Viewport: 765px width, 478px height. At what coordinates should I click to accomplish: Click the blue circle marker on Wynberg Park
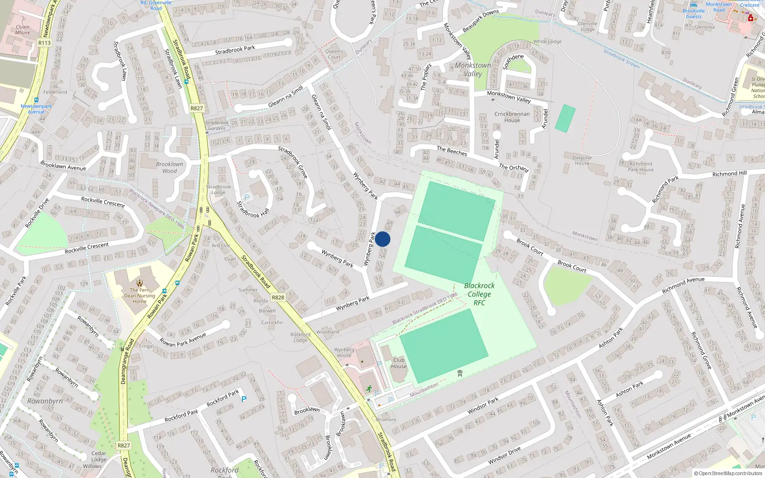tap(382, 239)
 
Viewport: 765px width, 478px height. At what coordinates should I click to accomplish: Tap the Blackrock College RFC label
tap(479, 294)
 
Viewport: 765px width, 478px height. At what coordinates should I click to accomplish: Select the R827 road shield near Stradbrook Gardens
tap(197, 108)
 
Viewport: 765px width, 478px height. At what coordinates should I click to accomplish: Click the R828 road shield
tap(278, 297)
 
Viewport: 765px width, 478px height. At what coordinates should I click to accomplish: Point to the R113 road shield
tap(44, 43)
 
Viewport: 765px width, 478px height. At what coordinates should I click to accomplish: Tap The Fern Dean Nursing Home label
tap(140, 295)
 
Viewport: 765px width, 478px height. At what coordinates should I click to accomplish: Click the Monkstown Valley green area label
tap(472, 69)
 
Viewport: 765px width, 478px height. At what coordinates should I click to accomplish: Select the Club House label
tap(399, 363)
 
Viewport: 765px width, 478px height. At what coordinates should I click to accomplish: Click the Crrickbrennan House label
tap(512, 117)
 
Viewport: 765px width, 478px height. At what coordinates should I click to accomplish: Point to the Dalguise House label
tap(582, 160)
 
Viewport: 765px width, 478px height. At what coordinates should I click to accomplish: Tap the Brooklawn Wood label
tap(169, 167)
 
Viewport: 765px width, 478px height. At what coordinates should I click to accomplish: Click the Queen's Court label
tap(334, 54)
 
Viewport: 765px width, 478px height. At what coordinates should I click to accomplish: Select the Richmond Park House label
tap(640, 166)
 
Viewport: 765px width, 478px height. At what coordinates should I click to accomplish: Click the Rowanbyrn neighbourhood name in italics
tap(45, 401)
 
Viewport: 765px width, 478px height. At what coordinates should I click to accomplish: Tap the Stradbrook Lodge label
tap(218, 189)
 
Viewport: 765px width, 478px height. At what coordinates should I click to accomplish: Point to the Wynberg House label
tap(344, 352)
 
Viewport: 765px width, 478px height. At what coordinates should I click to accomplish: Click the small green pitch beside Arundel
tap(565, 118)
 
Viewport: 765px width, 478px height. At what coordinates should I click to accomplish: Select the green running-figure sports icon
tap(369, 389)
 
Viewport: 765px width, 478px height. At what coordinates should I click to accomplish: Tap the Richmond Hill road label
tap(729, 174)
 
